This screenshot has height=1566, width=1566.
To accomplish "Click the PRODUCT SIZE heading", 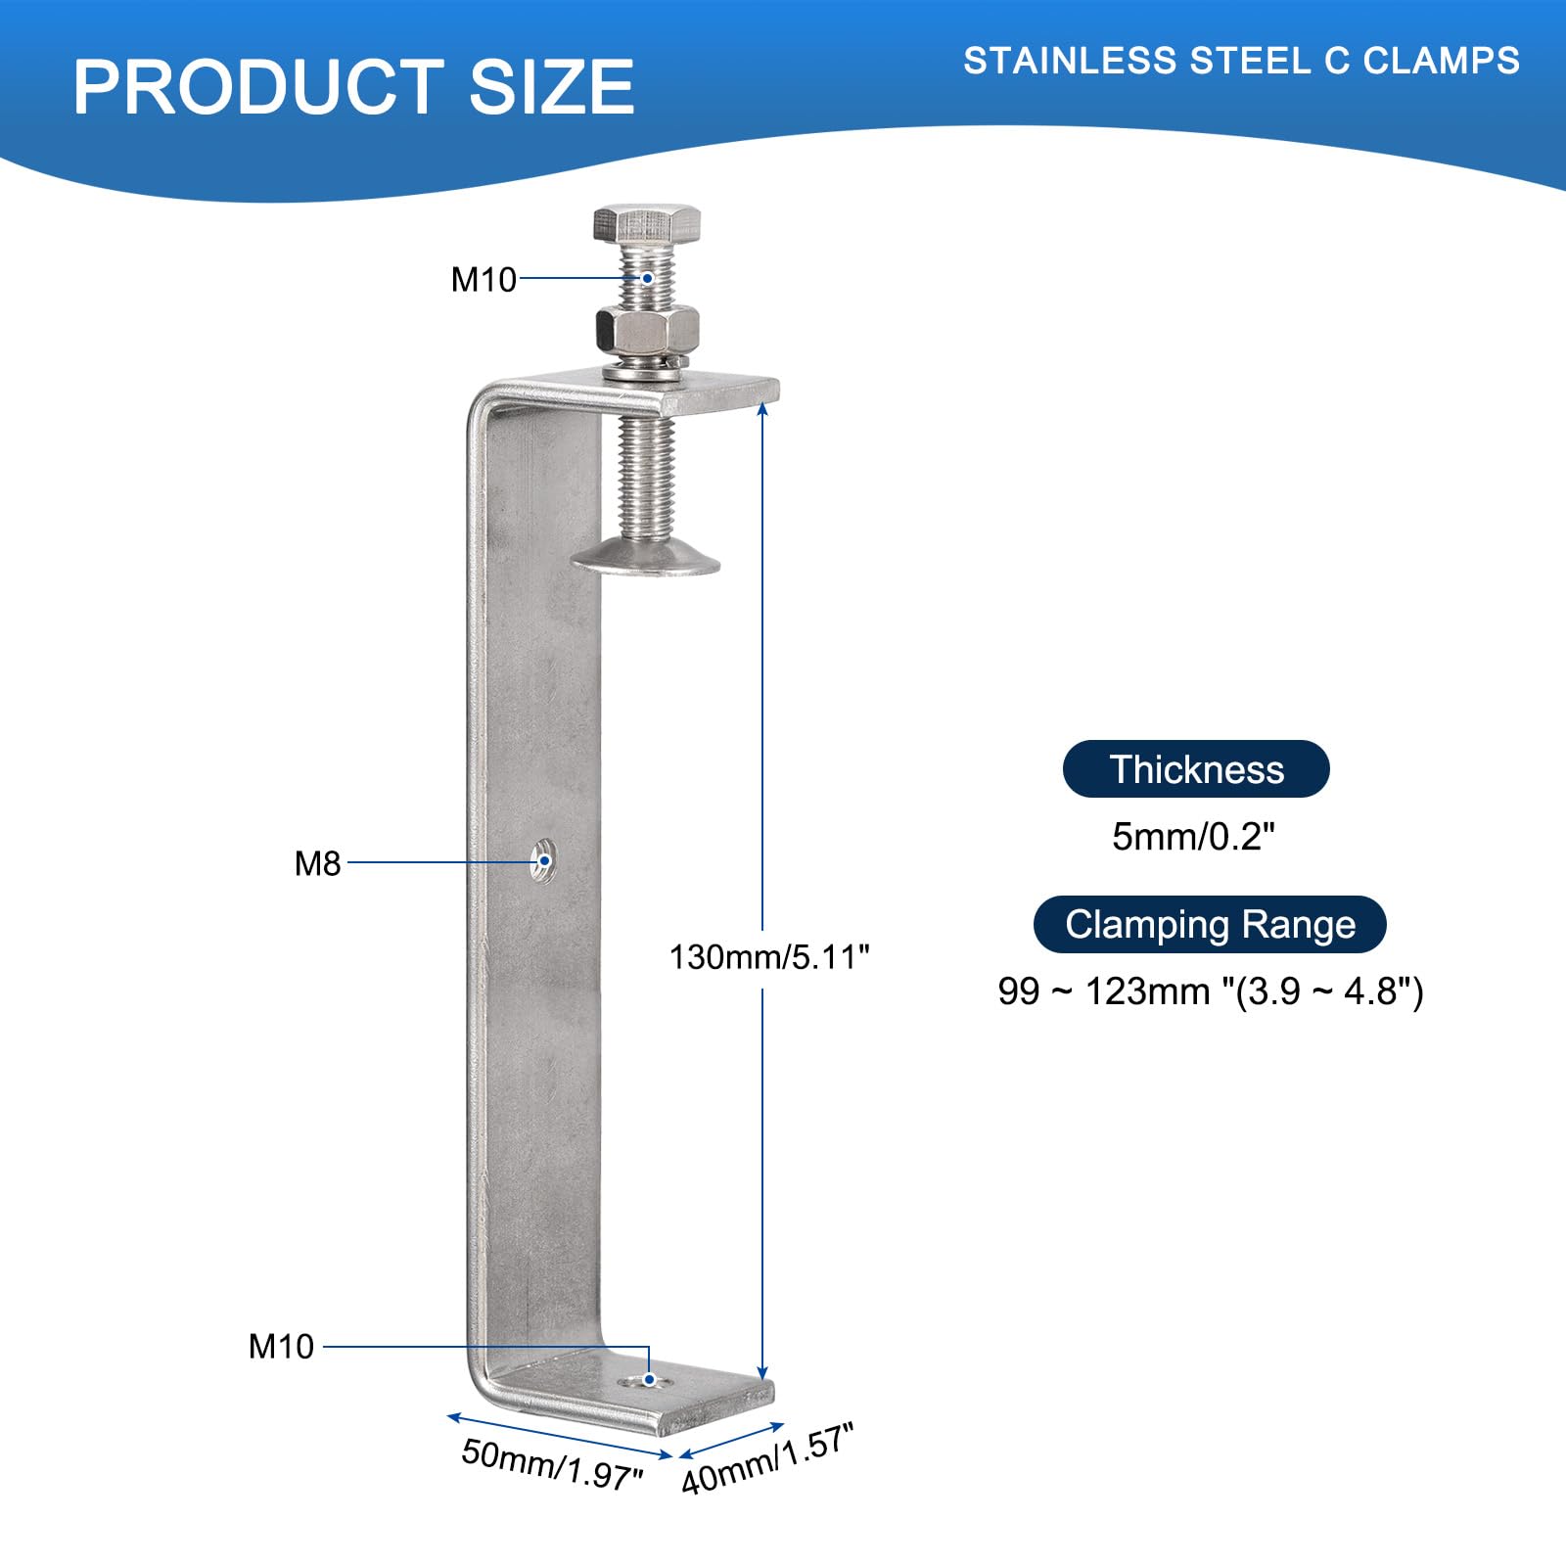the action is point(354,87).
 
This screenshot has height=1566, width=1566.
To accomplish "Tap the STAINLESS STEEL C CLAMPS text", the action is point(1241,61).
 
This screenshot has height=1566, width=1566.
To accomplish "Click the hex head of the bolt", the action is point(646,224).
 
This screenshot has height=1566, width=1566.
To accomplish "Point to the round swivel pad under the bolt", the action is point(645,561).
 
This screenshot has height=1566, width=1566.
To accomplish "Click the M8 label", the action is point(317,863).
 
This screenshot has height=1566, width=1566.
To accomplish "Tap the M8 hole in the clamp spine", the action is point(543,860).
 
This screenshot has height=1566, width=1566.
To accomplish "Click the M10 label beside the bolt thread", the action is point(484,280).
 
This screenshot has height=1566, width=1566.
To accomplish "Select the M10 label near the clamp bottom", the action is point(281,1347).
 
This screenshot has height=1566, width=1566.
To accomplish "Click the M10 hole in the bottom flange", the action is point(646,1380).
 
